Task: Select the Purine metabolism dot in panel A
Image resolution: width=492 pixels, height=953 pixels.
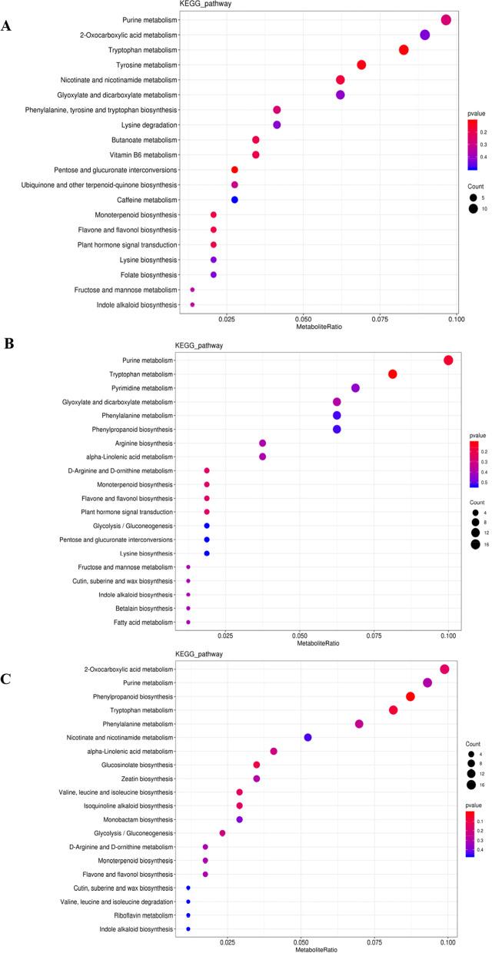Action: click(446, 20)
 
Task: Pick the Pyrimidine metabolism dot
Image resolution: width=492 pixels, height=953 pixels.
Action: click(355, 388)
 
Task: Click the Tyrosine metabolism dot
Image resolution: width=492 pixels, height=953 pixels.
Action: click(361, 65)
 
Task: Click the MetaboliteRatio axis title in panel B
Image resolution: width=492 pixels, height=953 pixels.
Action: click(317, 644)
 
